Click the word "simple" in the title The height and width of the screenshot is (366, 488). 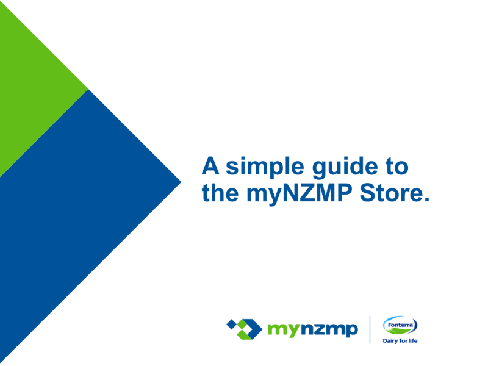[x=265, y=167]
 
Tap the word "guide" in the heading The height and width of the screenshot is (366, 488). [x=345, y=167]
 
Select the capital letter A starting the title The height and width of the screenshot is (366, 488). [x=210, y=165]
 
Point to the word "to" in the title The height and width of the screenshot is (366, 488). [x=397, y=166]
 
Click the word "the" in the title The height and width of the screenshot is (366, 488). [x=220, y=192]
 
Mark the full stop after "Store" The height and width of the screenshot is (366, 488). [x=426, y=199]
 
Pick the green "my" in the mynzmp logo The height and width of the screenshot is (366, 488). [x=284, y=330]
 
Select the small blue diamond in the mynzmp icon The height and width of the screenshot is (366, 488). [x=232, y=325]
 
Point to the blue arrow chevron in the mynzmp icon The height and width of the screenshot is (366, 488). [x=253, y=328]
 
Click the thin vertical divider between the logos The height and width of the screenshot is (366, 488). [x=370, y=330]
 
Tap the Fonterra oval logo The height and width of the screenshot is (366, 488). [x=400, y=326]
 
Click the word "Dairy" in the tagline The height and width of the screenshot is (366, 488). [x=390, y=341]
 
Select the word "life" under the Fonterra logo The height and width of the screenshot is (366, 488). [x=413, y=341]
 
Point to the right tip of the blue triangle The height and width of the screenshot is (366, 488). [x=181, y=182]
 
